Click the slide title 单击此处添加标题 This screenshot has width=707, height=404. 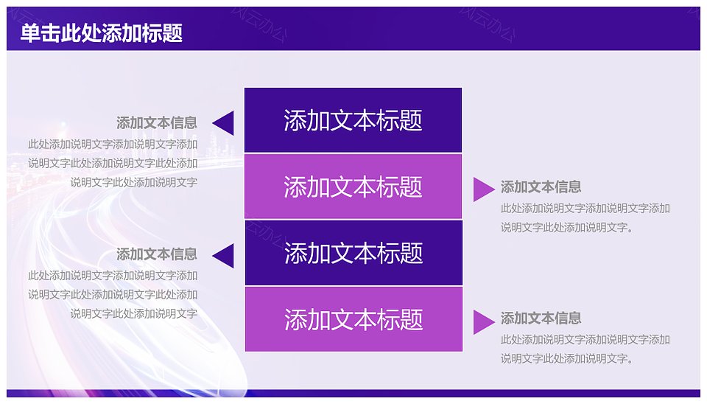102,33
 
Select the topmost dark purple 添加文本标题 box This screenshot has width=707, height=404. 353,120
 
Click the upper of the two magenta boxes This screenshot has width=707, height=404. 353,187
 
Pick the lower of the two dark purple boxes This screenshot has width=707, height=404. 353,253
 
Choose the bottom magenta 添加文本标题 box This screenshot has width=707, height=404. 353,319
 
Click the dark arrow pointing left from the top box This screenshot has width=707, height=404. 223,123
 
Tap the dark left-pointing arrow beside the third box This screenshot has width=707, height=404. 223,256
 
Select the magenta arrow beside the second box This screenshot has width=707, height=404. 484,189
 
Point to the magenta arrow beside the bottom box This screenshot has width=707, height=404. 484,322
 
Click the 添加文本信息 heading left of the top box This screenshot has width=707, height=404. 157,123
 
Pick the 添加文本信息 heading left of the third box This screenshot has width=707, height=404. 157,254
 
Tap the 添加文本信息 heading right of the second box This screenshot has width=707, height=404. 541,187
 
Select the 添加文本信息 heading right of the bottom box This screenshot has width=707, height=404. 541,318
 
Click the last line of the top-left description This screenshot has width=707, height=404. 134,182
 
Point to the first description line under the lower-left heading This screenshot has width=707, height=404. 113,275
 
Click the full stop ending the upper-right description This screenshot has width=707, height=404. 630,230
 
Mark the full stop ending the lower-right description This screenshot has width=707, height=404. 630,361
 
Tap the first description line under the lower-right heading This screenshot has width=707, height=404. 585,339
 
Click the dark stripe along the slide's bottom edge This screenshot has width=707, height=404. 353,393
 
